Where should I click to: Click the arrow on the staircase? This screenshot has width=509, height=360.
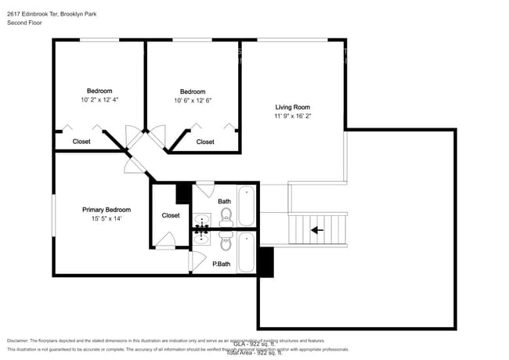[317, 230]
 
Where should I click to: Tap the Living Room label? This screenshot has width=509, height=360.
[292, 107]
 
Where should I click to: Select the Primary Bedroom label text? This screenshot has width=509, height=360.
[106, 210]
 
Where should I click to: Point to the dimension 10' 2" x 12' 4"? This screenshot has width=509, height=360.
[99, 100]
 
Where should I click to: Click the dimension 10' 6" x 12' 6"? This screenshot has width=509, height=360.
[193, 100]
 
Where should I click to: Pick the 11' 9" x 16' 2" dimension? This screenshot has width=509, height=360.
[292, 117]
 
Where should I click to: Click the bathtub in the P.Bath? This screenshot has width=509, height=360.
[247, 252]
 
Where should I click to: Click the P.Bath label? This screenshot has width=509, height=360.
[221, 265]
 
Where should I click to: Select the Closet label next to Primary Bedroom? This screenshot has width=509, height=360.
[171, 215]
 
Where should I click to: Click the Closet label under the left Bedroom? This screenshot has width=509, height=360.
[81, 142]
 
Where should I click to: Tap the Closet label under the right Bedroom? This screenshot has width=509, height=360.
[205, 142]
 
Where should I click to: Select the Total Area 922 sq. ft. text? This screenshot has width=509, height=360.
[254, 354]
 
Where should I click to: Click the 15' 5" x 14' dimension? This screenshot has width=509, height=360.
[106, 219]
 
